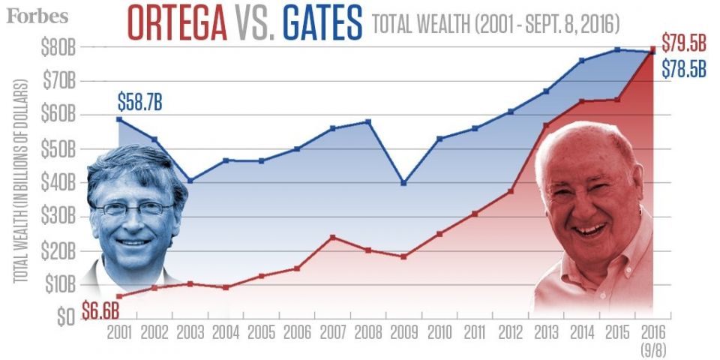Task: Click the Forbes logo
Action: coord(37,16)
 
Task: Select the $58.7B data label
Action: coord(139,101)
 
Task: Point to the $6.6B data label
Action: coord(100,308)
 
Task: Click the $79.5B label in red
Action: coord(685,42)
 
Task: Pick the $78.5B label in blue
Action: coord(684,69)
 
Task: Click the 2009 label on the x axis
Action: coord(403,331)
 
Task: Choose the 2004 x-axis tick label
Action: coord(226,331)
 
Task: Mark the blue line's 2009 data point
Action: coord(403,182)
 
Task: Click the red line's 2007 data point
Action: coord(332,237)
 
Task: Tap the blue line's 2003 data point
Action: coord(190,181)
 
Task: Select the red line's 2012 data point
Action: coord(511,191)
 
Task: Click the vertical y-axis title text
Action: coord(20,180)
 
